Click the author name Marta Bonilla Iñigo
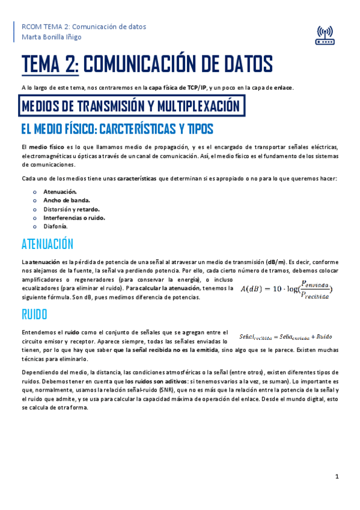[x=52, y=37]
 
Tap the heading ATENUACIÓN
[x=47, y=244]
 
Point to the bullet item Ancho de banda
[x=67, y=200]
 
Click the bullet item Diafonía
[x=55, y=226]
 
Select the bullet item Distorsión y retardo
[x=71, y=209]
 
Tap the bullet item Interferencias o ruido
[x=74, y=218]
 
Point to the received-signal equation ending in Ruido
[x=285, y=336]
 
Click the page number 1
[x=337, y=476]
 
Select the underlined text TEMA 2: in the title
[x=50, y=64]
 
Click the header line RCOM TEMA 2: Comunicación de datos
[x=84, y=26]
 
